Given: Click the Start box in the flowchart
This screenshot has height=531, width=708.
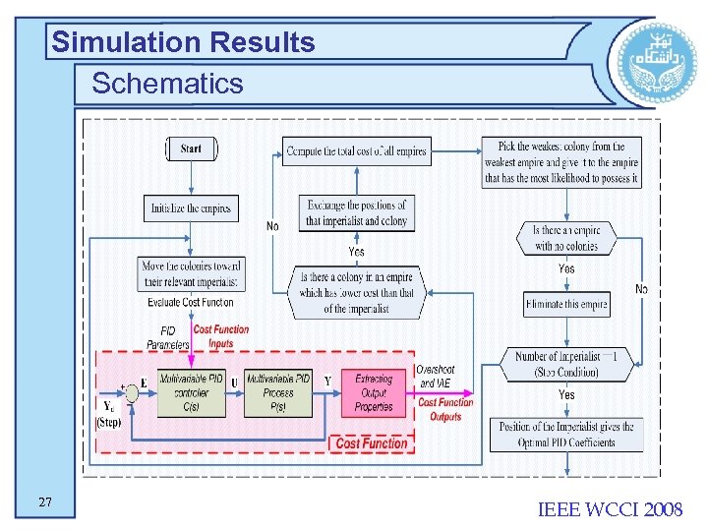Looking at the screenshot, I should pyautogui.click(x=191, y=149).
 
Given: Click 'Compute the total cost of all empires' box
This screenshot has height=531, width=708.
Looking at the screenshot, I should pyautogui.click(x=358, y=150).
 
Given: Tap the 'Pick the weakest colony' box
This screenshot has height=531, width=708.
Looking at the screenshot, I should pyautogui.click(x=561, y=162).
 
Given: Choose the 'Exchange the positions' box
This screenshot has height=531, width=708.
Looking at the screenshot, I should pyautogui.click(x=357, y=212).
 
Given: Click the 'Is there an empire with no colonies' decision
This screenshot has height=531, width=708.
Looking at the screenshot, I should pyautogui.click(x=566, y=238).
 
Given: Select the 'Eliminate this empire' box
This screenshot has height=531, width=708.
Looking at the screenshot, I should pyautogui.click(x=566, y=304).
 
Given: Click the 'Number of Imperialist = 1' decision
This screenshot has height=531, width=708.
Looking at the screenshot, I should pyautogui.click(x=566, y=364).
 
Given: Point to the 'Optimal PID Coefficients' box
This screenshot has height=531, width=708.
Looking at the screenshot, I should pyautogui.click(x=566, y=434).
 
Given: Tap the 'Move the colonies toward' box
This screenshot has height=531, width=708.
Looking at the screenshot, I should pyautogui.click(x=191, y=272).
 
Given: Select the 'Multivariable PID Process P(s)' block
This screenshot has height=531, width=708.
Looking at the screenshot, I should pyautogui.click(x=278, y=392).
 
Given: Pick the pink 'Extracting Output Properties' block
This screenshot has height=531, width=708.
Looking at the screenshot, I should pyautogui.click(x=374, y=392).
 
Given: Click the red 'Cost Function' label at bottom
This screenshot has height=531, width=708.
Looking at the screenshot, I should pyautogui.click(x=371, y=443).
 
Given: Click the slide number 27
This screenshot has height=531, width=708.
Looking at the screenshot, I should pyautogui.click(x=45, y=503).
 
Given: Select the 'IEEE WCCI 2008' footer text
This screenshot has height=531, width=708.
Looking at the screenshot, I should pyautogui.click(x=609, y=508).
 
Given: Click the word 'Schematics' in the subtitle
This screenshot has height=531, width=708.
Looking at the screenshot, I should pyautogui.click(x=167, y=84).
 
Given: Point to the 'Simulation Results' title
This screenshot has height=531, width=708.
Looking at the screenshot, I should pyautogui.click(x=183, y=42).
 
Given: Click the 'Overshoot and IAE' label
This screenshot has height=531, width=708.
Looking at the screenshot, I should pyautogui.click(x=437, y=377).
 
